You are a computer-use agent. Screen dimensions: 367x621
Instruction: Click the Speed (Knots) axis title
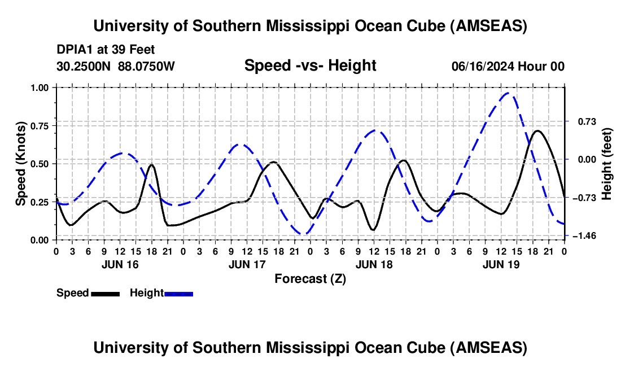(x=21, y=164)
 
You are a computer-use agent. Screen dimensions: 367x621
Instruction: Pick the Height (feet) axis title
(x=607, y=164)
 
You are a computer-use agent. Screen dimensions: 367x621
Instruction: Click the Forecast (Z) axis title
(x=310, y=278)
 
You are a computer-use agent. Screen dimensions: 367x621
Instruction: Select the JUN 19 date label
(x=500, y=264)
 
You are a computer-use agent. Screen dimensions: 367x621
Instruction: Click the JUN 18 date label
(x=373, y=264)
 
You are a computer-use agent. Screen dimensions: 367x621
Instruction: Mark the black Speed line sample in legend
(x=104, y=293)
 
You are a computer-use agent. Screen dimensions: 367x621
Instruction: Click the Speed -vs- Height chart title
(x=310, y=66)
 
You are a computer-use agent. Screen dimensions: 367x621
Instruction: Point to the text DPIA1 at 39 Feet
(x=106, y=50)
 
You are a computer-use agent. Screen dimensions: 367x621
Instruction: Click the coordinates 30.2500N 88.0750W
(x=116, y=67)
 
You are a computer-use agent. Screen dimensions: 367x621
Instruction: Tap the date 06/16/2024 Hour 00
(x=508, y=67)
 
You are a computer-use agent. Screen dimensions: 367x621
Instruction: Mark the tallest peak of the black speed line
(x=537, y=131)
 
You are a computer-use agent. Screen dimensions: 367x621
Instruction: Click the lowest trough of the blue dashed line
(x=304, y=234)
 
